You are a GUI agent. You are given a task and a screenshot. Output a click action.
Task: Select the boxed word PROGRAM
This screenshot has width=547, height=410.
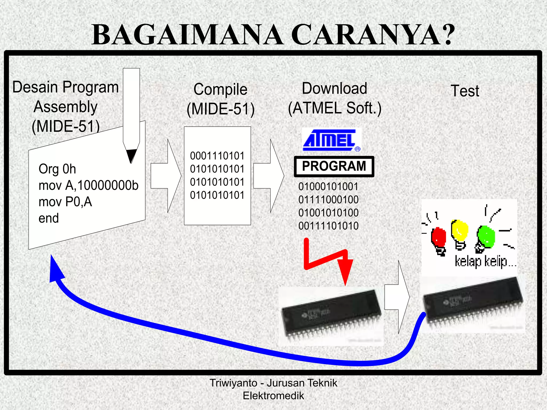click(x=334, y=166)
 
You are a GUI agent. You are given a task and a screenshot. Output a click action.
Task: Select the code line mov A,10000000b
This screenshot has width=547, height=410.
click(x=88, y=185)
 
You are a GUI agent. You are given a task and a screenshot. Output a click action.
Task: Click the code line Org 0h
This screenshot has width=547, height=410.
click(x=57, y=169)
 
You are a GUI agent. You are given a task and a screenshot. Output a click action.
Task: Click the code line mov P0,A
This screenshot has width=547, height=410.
click(x=65, y=202)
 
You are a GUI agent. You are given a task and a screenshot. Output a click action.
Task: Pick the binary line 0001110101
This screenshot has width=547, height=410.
click(x=217, y=156)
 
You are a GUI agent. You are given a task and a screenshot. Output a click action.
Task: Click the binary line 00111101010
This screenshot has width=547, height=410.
click(x=328, y=226)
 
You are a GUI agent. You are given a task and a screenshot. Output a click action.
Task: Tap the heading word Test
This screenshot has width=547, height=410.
click(x=465, y=91)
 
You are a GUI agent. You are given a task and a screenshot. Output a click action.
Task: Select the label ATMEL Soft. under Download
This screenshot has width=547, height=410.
click(x=334, y=108)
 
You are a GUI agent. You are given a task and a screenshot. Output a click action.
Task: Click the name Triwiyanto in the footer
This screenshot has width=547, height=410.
click(x=233, y=383)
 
